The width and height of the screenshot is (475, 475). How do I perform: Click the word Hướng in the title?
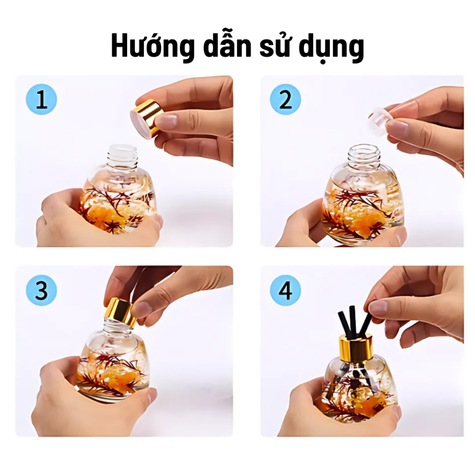pos(153,46)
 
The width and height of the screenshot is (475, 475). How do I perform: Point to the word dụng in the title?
pos(331,48)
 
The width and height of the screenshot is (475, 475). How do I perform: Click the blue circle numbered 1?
pos(41,99)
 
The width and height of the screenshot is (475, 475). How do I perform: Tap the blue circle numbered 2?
pos(285,99)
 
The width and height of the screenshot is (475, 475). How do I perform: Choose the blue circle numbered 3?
pos(41,290)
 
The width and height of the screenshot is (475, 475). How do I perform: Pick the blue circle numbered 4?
pos(285,290)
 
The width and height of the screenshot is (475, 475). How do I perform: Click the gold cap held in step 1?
pos(147,119)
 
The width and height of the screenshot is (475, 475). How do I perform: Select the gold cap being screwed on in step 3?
pos(120,313)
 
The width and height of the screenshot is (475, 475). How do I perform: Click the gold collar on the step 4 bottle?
pos(356,347)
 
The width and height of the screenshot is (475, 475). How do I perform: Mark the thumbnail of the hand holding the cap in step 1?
pos(166,121)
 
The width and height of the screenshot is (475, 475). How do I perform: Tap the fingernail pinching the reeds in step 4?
pos(377,308)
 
